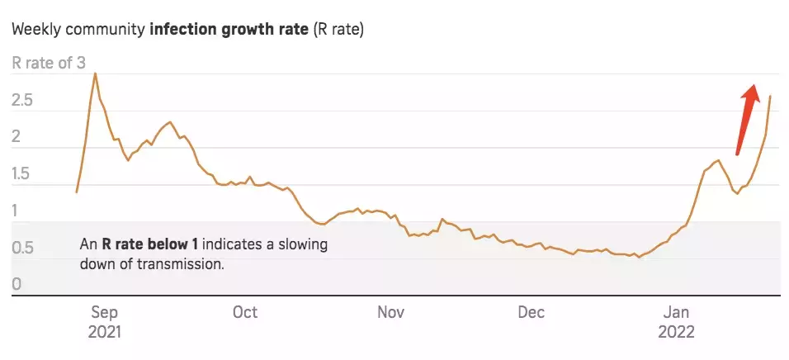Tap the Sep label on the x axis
[105, 312]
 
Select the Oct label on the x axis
[244, 312]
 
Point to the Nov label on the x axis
[390, 312]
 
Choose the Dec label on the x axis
[530, 312]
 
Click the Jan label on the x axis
[676, 312]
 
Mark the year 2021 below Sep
[105, 332]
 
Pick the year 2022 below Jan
[677, 332]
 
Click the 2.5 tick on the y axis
[22, 101]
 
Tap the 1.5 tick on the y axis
[22, 174]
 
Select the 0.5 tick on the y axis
[22, 249]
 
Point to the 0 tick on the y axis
[17, 285]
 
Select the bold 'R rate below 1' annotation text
[150, 244]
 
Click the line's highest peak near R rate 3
[95, 73]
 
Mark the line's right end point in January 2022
[770, 97]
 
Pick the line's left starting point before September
[76, 192]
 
